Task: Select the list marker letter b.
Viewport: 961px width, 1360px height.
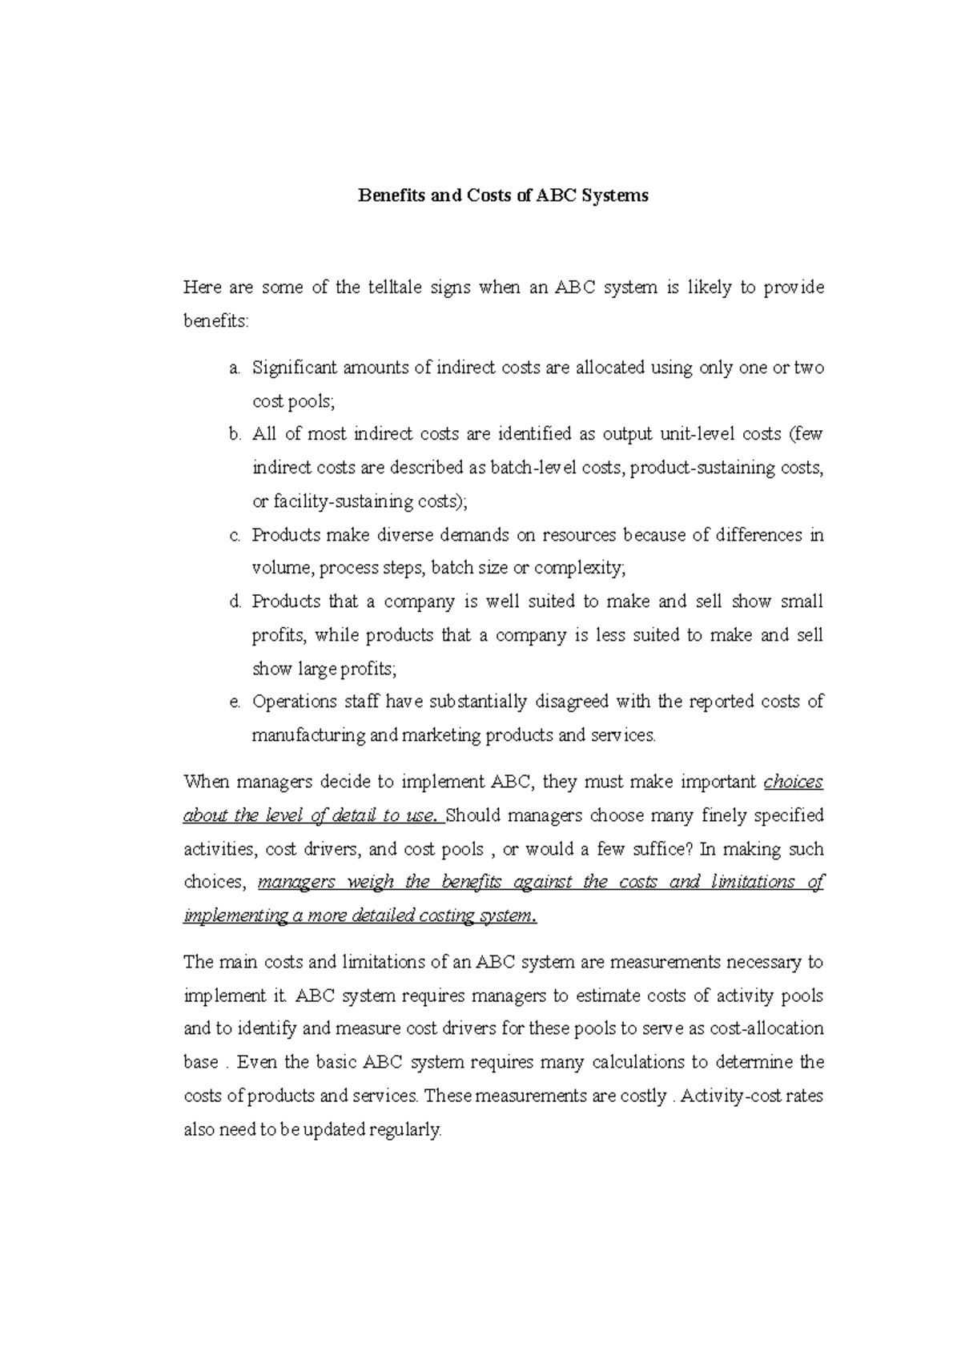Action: pos(234,434)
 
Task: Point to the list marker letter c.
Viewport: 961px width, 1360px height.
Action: pos(234,535)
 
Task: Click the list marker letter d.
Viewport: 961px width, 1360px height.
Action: pos(234,602)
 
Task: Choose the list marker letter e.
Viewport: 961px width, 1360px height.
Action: pos(234,702)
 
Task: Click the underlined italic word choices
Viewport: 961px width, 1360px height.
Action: pos(794,782)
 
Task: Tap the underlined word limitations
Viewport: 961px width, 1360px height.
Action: pos(751,882)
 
